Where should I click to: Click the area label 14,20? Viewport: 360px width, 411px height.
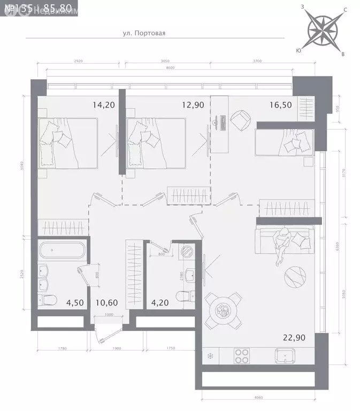pos(104,105)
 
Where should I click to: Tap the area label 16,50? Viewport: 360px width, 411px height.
pos(280,105)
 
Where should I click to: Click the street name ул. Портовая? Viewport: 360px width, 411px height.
pos(144,33)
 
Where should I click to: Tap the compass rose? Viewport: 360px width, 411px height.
pos(324,30)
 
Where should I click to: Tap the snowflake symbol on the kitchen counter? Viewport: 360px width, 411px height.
pos(210,356)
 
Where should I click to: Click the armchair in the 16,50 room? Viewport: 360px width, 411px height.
pos(242,117)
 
